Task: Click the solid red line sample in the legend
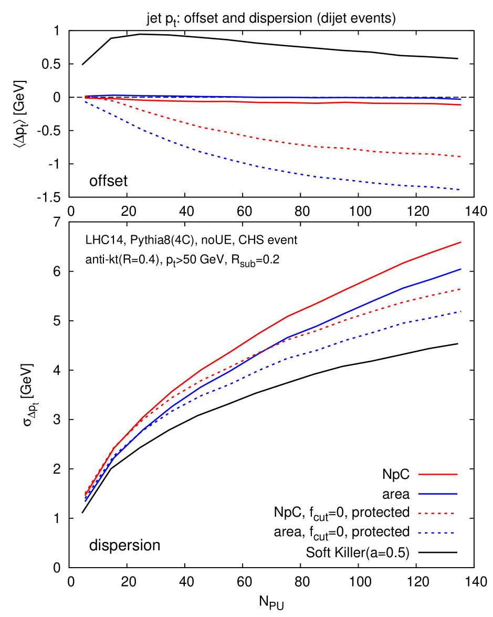[x=437, y=474]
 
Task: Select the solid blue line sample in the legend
[x=437, y=494]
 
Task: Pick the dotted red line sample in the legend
[x=436, y=513]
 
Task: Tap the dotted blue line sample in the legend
[x=436, y=533]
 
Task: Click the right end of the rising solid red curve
[x=461, y=242]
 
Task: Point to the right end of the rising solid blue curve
[x=461, y=269]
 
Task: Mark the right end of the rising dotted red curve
[x=461, y=289]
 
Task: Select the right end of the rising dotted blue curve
[x=461, y=311]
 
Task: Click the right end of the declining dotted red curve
[x=461, y=156]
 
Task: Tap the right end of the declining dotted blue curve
[x=461, y=190]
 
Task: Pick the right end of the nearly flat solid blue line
[x=461, y=99]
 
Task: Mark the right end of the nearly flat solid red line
[x=461, y=105]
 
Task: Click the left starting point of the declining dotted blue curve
[x=85, y=101]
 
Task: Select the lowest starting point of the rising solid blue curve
[x=85, y=500]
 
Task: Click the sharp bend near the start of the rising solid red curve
[x=114, y=448]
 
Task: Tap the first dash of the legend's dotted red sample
[x=421, y=513]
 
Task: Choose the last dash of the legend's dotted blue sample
[x=452, y=533]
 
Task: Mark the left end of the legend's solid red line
[x=418, y=474]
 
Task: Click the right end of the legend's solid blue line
[x=457, y=494]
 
